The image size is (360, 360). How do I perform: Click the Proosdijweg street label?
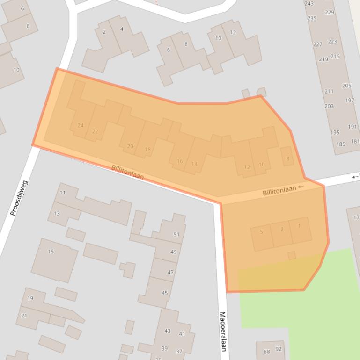(x=19, y=198)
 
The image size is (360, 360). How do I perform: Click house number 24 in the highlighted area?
(x=81, y=125)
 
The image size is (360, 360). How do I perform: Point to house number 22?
(x=95, y=131)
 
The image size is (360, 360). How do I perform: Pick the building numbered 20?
(x=130, y=146)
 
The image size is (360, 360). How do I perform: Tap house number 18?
(x=148, y=150)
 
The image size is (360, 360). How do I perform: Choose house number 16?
(x=180, y=161)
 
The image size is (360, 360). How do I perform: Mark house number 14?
(x=194, y=164)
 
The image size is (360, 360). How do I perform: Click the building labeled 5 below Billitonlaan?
(x=261, y=232)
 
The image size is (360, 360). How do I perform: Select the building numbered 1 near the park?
(x=299, y=226)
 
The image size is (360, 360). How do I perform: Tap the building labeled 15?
(x=51, y=252)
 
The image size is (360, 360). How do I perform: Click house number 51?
(x=176, y=235)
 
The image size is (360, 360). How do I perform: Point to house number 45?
(x=164, y=293)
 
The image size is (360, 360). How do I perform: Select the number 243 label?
(x=309, y=4)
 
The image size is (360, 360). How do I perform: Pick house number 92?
(x=279, y=349)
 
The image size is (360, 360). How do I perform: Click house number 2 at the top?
(x=104, y=32)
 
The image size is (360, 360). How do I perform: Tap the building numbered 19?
(x=30, y=298)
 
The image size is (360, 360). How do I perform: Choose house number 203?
(x=329, y=106)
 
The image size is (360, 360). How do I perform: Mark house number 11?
(x=63, y=193)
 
